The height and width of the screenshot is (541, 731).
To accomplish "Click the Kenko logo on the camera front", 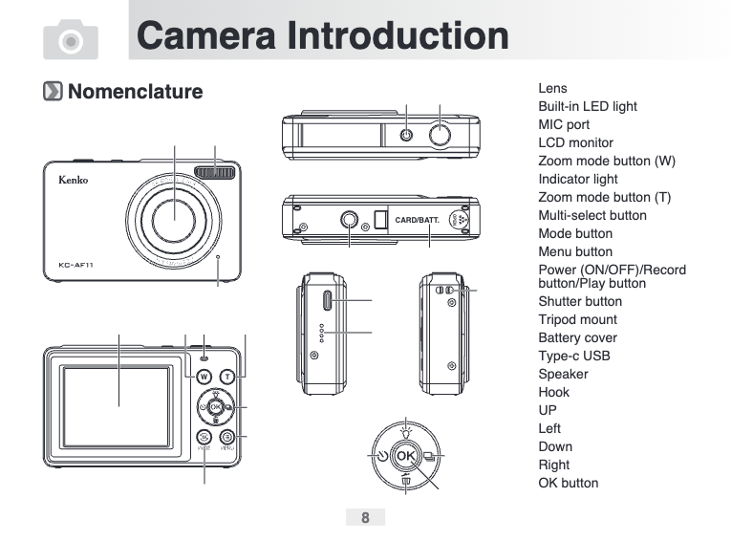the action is (74, 180).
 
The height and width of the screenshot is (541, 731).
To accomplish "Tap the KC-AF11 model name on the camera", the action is (76, 265).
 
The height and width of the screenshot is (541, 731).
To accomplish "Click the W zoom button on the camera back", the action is (204, 377).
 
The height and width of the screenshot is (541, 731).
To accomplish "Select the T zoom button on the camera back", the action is (227, 377).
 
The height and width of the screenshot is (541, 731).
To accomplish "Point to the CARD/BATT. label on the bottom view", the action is (418, 220).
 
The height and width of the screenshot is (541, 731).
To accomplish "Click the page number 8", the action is (365, 517).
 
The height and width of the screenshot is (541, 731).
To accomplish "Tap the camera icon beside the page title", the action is (71, 39).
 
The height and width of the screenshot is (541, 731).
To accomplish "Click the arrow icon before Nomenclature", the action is (53, 91).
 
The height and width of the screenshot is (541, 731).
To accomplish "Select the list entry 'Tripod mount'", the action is (577, 319).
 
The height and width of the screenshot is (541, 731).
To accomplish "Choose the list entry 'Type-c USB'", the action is (574, 356).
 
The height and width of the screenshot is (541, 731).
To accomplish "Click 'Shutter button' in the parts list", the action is (580, 301).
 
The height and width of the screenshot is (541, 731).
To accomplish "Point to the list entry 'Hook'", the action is (554, 392).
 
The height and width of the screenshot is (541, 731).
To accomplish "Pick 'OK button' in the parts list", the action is (569, 483).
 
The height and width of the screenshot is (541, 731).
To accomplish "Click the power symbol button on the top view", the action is (406, 136).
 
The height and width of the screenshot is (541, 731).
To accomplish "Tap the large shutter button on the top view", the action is (440, 136).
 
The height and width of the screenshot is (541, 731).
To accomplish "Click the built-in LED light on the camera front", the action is (214, 172).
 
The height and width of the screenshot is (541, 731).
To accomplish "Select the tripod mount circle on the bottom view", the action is (349, 219).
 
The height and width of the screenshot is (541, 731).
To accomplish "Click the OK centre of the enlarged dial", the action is (405, 456).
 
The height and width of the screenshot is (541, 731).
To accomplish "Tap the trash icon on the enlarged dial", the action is (406, 480).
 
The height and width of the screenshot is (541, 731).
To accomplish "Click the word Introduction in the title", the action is (398, 35).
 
